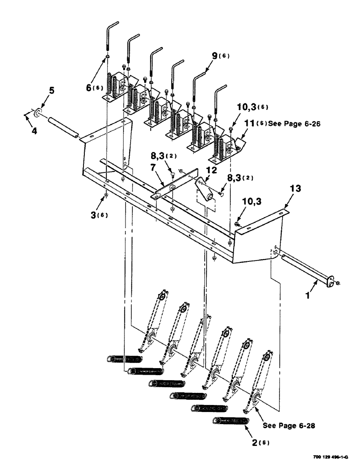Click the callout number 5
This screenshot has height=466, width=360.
pos(52,91)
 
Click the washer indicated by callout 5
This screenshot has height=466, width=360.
pos(37,113)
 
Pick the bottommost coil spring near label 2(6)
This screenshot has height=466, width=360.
pos(230,421)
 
